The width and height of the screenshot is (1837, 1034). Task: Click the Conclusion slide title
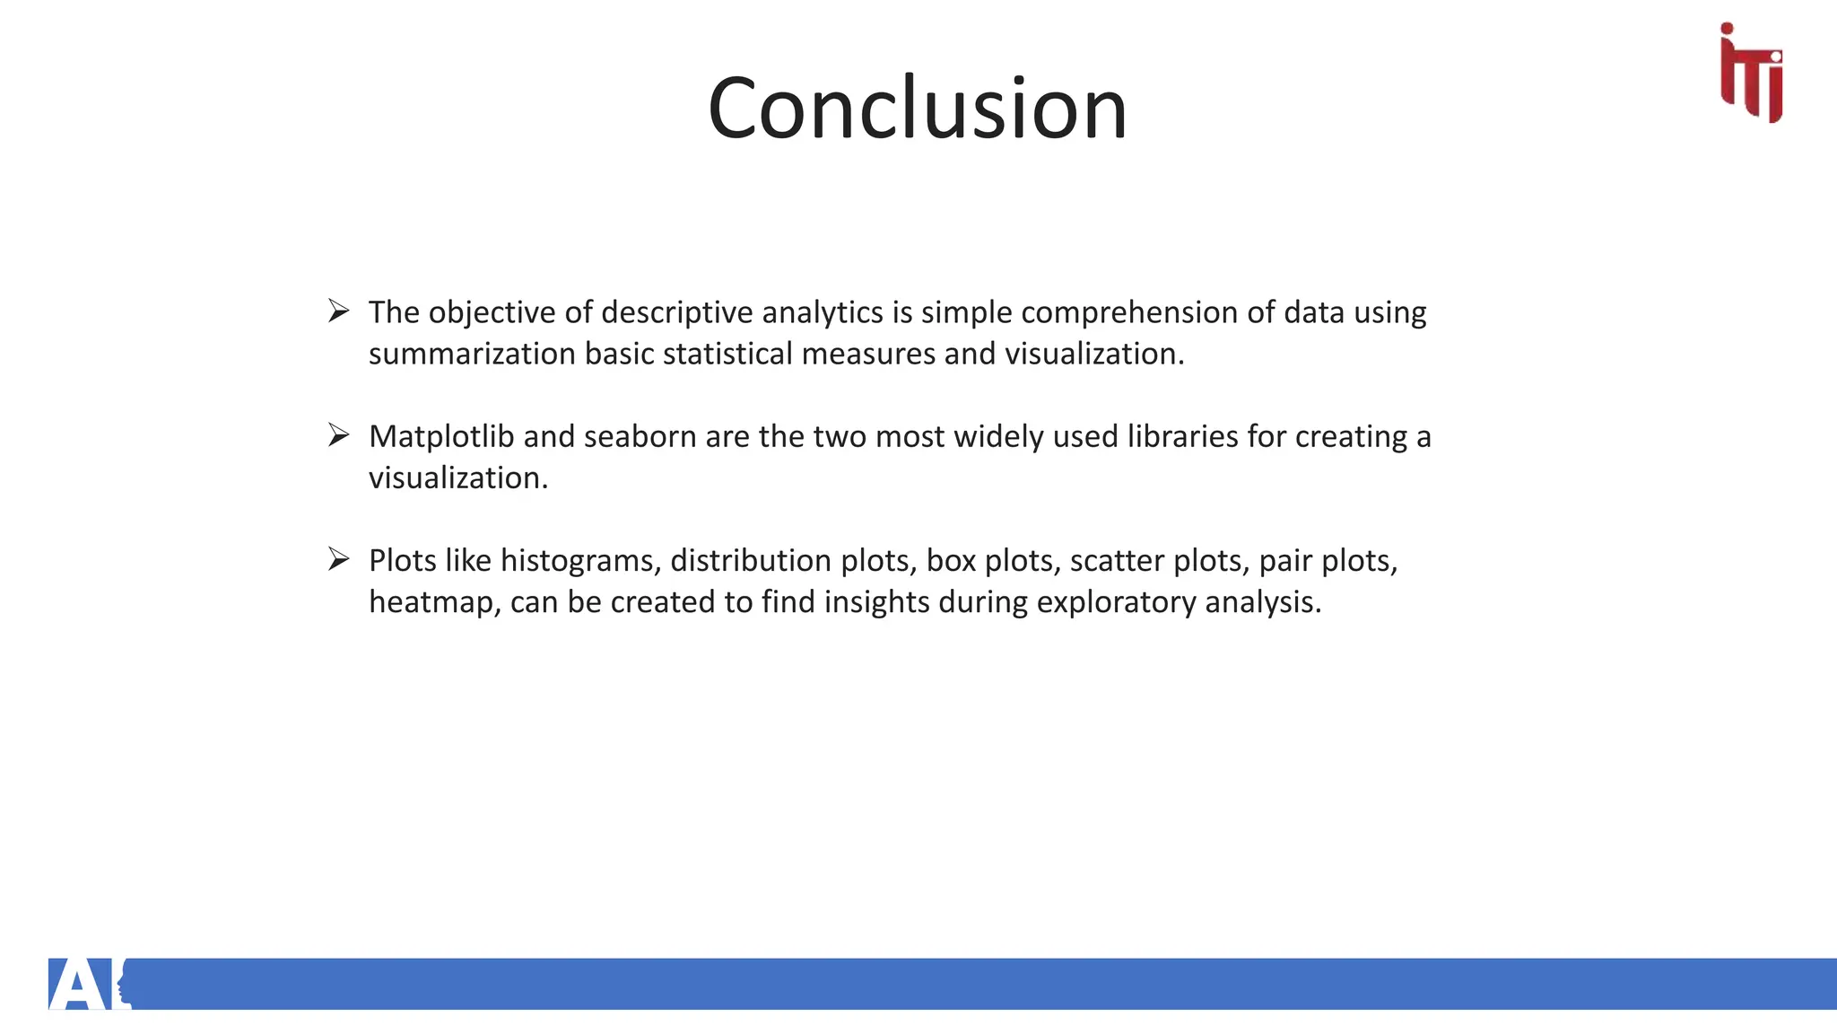917,109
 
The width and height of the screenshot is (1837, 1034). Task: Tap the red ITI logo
1751,73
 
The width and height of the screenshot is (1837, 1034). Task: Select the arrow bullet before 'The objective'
338,311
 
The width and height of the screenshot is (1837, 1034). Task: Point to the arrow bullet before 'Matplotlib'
338,435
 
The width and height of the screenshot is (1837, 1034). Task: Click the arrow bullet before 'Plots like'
338,559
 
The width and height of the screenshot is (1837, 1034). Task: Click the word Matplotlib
441,437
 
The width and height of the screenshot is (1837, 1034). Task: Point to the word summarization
472,355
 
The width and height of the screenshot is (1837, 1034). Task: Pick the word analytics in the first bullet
823,313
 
